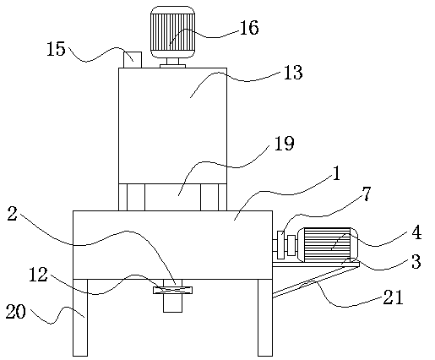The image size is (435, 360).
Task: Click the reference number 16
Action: pyautogui.click(x=249, y=28)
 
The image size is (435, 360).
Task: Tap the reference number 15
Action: pyautogui.click(x=56, y=49)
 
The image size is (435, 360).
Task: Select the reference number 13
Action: pyautogui.click(x=293, y=73)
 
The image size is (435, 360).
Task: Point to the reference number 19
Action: pyautogui.click(x=284, y=143)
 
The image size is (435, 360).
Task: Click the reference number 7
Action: pyautogui.click(x=366, y=194)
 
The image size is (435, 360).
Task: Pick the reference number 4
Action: pyautogui.click(x=416, y=232)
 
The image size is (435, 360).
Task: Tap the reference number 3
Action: pyautogui.click(x=416, y=261)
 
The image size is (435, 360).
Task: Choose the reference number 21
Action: pyautogui.click(x=393, y=297)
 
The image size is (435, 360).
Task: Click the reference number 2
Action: pyautogui.click(x=12, y=213)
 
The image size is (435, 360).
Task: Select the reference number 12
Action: pyautogui.click(x=38, y=275)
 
